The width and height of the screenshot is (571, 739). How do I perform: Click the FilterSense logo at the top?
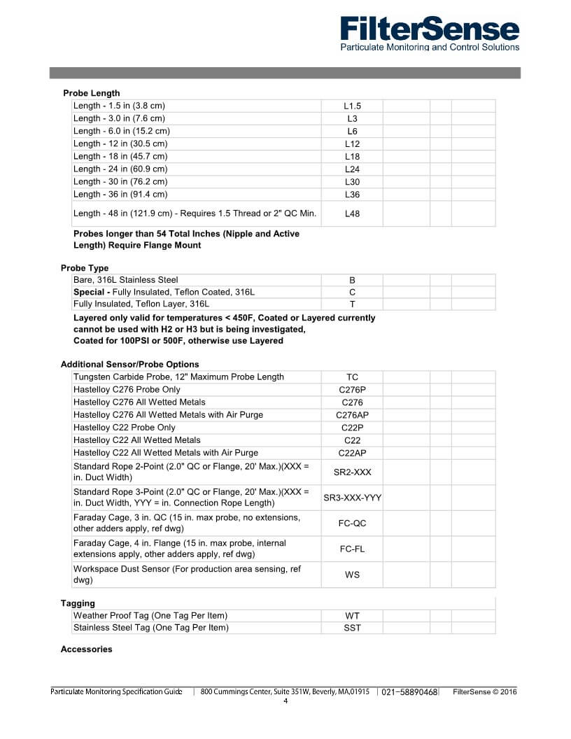tap(430, 34)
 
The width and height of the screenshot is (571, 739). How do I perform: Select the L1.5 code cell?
tap(352, 106)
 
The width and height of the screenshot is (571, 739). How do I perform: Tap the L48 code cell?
tap(352, 213)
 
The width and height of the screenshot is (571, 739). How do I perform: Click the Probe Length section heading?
tap(91, 93)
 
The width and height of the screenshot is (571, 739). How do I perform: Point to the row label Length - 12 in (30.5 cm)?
tap(120, 143)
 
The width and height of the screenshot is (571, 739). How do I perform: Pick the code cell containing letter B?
tap(352, 280)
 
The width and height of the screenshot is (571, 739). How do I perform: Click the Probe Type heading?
tap(85, 268)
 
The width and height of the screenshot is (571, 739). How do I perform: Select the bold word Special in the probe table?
tap(90, 292)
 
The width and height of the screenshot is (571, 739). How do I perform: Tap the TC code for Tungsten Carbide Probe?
tap(352, 377)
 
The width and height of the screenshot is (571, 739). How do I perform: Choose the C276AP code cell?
tap(352, 415)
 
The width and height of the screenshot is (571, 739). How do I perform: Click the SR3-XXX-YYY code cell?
tap(352, 498)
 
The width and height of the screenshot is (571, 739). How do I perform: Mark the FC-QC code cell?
tap(352, 523)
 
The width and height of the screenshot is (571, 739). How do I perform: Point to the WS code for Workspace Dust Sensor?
tap(352, 575)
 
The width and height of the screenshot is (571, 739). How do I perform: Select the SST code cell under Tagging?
tap(352, 628)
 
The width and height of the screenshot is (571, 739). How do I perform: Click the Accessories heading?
tap(86, 649)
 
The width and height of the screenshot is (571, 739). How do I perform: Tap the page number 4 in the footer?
tap(285, 701)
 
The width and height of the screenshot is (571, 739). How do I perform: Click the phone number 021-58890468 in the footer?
tap(409, 692)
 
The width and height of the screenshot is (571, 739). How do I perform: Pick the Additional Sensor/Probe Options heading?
tap(129, 365)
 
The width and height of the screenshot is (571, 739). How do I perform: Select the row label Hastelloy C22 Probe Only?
tap(125, 428)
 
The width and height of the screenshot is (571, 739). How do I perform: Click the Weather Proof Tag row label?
tap(150, 615)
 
